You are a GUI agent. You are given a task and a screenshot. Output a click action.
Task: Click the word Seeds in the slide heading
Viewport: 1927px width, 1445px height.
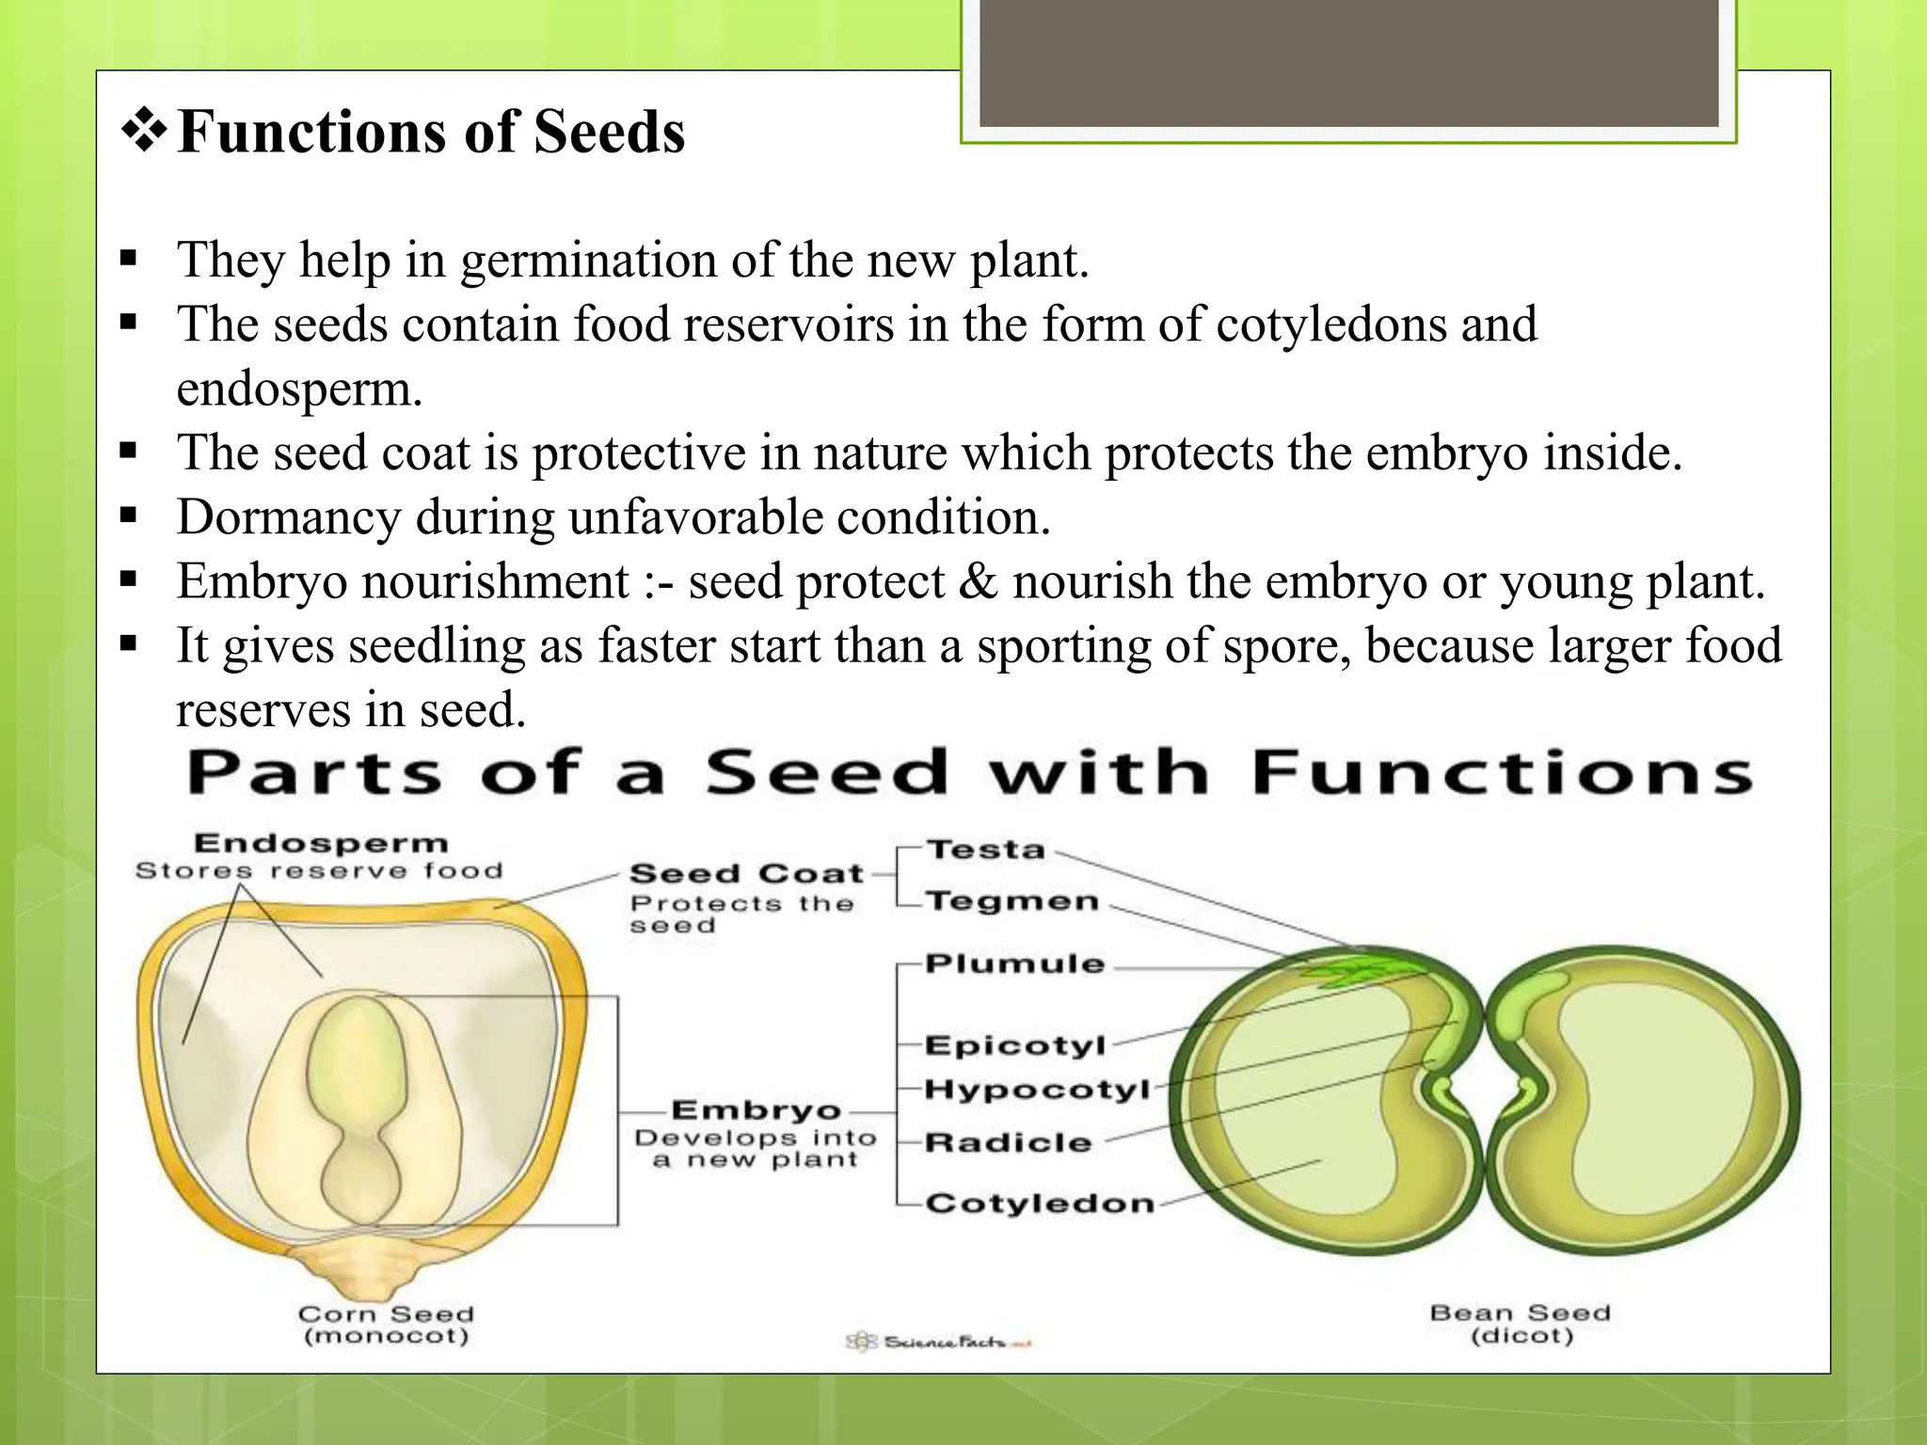pos(609,132)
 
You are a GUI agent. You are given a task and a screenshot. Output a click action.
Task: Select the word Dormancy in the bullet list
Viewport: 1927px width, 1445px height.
pos(288,516)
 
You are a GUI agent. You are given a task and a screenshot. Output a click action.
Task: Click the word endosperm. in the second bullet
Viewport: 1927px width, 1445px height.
pos(299,389)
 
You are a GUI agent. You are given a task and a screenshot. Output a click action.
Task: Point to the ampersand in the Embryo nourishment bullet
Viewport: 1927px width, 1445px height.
pos(979,581)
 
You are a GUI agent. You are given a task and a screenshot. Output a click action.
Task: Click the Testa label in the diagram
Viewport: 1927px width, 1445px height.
pos(985,850)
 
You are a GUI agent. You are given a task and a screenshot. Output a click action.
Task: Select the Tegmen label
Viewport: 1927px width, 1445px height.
pos(1011,901)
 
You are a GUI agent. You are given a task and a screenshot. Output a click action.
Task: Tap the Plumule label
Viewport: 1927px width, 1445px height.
pos(1014,963)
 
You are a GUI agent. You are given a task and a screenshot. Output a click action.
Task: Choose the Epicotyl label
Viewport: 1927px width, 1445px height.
pos(1014,1045)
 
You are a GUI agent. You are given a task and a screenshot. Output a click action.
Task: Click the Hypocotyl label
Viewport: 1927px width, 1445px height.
pos(1037,1089)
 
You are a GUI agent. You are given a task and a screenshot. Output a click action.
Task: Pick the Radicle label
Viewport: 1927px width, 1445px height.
pos(1008,1142)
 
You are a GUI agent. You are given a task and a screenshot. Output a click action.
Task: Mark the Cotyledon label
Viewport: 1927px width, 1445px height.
pos(1039,1203)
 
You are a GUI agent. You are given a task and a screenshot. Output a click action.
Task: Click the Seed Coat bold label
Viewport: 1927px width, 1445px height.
pos(746,874)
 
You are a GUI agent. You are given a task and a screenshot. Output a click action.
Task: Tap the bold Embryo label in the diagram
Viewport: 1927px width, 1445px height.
pos(756,1110)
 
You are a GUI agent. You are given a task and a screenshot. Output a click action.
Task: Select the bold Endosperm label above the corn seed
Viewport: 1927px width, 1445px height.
pos(321,843)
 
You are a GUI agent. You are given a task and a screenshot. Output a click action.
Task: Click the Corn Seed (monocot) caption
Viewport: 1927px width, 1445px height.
pos(386,1325)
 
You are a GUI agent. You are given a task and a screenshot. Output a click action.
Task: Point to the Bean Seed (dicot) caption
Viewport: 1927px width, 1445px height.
pos(1521,1324)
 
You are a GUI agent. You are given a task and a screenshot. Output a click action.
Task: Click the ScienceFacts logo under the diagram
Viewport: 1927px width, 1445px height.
pos(938,1342)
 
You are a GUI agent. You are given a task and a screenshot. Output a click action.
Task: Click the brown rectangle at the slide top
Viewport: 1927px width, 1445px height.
pos(1348,63)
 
